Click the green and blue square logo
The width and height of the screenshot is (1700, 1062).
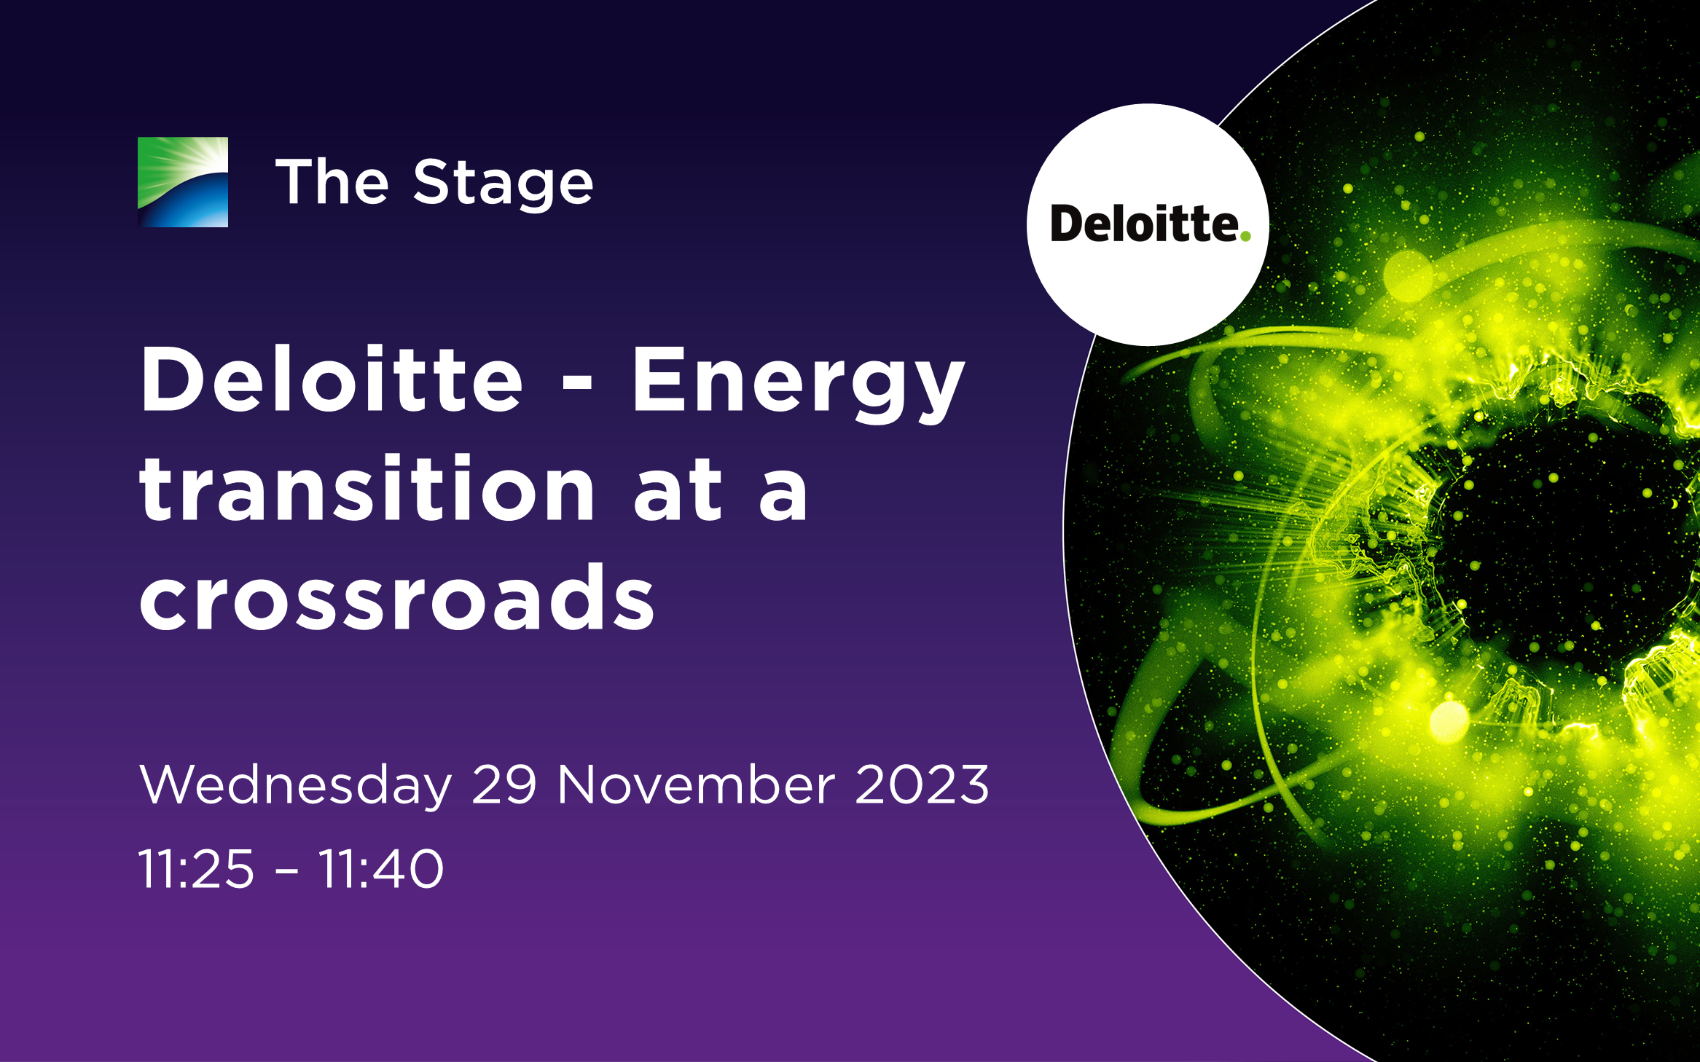coord(183,182)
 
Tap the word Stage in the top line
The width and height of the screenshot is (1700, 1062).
coord(504,184)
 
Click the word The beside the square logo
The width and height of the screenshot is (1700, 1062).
coord(332,181)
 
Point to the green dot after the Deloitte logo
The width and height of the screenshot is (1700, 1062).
coord(1245,235)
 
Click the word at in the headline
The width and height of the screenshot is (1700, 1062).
coord(678,491)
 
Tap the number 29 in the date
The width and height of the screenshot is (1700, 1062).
coord(504,784)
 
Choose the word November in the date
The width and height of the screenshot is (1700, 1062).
coord(697,784)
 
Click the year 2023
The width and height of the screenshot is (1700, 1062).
coord(923,784)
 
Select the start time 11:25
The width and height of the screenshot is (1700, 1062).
coord(197,869)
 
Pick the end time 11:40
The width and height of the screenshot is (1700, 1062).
coord(381,869)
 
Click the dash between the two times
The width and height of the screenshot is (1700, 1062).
coord(287,870)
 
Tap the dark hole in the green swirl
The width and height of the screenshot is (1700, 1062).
coord(1559,539)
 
